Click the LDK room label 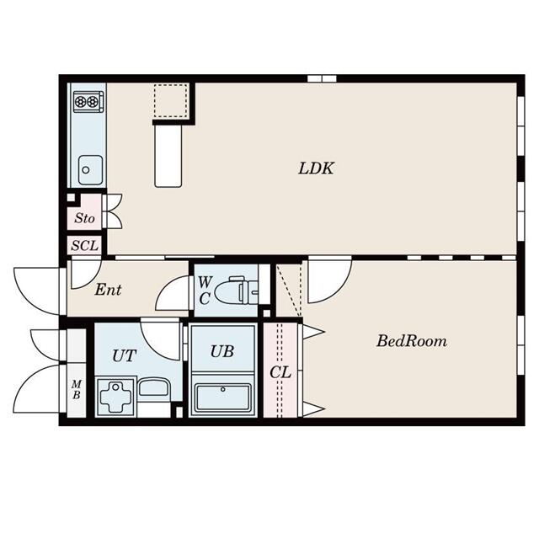[x=316, y=168]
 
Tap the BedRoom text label [x=412, y=341]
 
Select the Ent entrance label [x=108, y=290]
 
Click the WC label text [x=205, y=291]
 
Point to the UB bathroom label [x=222, y=351]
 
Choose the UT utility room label [x=124, y=355]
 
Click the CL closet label [x=280, y=372]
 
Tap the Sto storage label [x=84, y=218]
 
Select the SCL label [x=84, y=245]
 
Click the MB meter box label [x=77, y=389]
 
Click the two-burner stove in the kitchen [x=88, y=101]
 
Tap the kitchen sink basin [x=90, y=170]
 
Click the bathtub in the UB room [x=222, y=397]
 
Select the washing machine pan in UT [x=116, y=398]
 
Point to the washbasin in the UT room [x=153, y=387]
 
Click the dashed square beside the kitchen [x=171, y=101]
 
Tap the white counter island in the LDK [x=168, y=156]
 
